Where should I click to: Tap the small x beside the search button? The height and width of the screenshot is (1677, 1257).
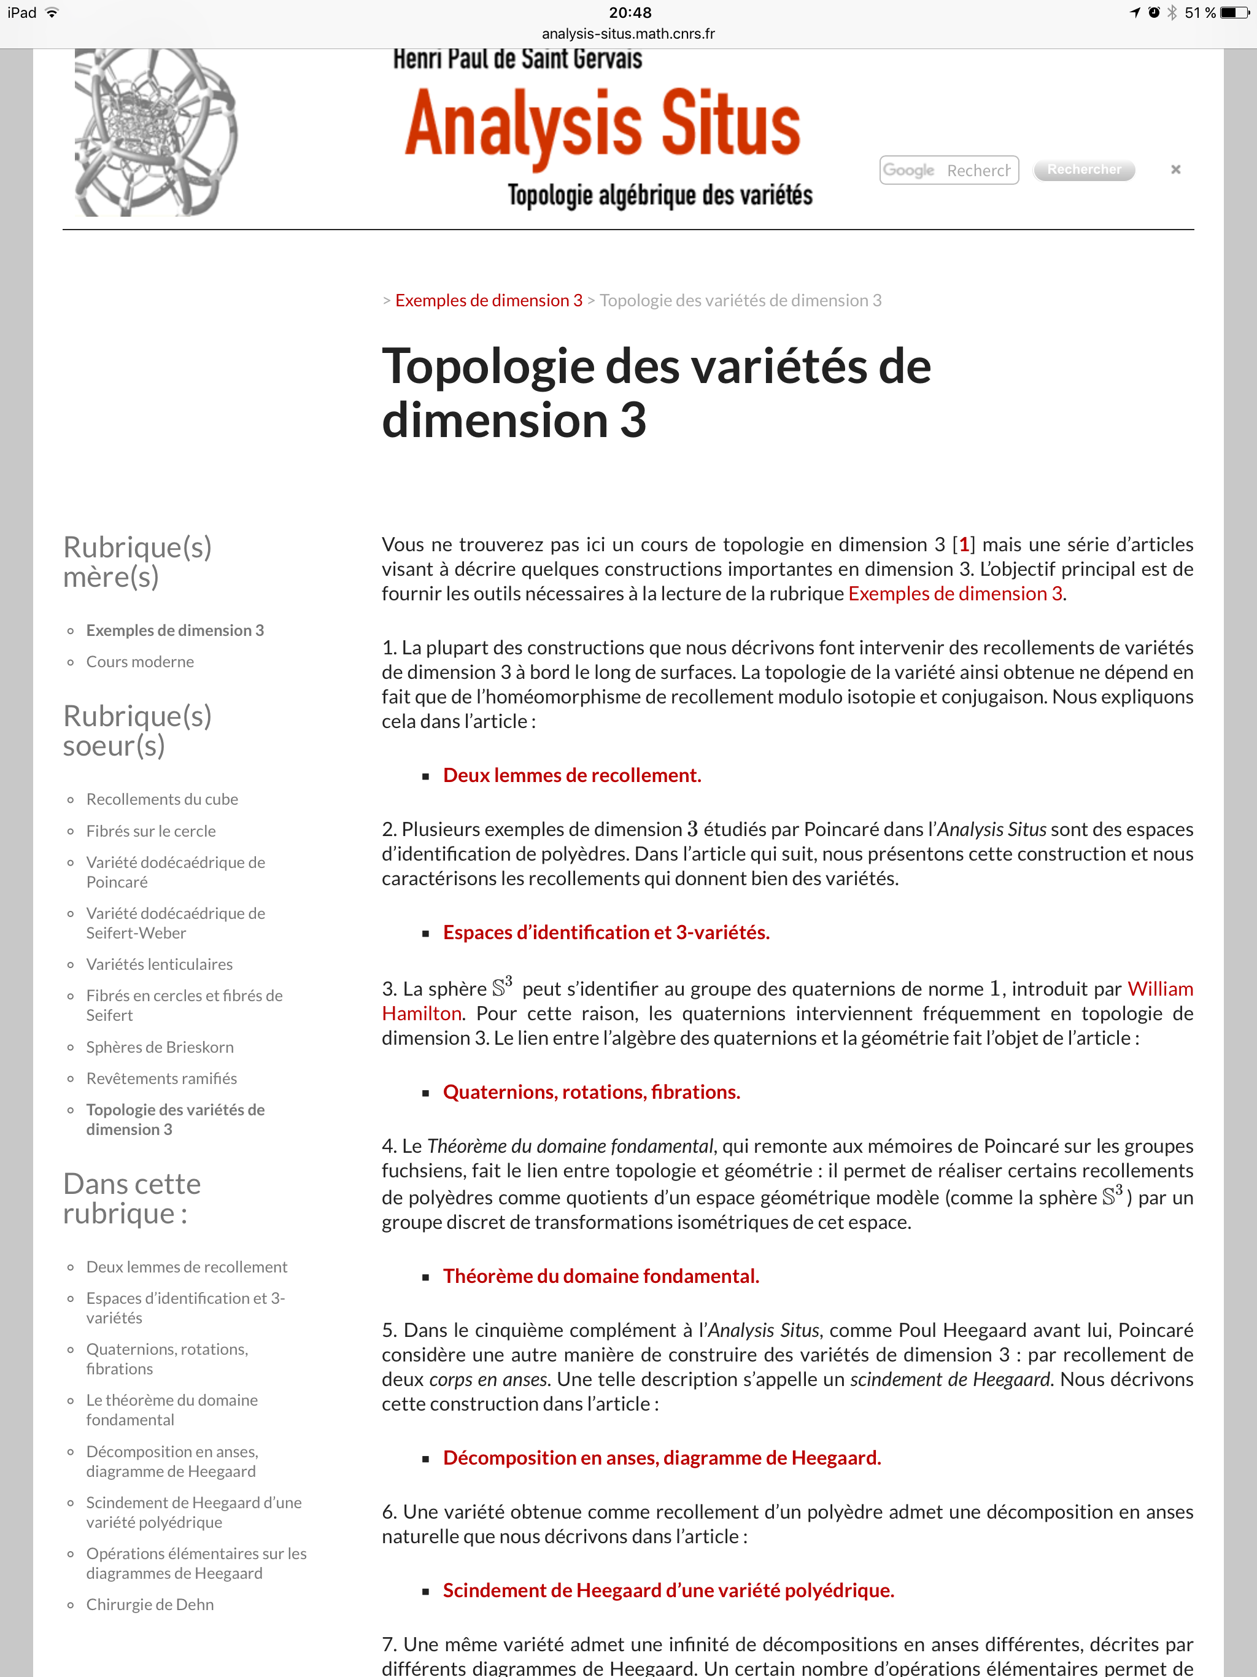click(1175, 169)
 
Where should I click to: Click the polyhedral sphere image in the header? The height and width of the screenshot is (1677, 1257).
click(155, 133)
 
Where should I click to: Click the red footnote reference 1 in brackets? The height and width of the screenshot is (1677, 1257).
click(964, 544)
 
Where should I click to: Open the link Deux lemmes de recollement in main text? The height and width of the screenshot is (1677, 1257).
click(571, 775)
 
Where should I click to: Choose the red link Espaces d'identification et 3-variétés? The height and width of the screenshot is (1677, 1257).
click(606, 932)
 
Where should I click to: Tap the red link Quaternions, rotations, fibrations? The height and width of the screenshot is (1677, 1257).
click(591, 1092)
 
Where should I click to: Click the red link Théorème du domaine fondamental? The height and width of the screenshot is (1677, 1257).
click(600, 1276)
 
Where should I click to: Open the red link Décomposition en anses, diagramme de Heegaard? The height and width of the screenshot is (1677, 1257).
click(661, 1457)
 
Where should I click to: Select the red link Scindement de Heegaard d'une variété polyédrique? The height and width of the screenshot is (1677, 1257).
click(668, 1590)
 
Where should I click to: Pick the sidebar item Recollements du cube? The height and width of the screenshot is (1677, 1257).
click(162, 799)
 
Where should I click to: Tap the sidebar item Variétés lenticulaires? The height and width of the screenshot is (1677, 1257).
click(159, 964)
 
